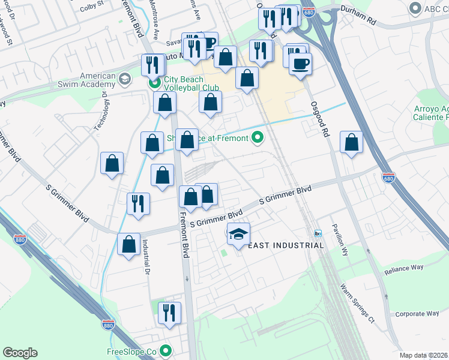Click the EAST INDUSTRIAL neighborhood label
tap(286, 245)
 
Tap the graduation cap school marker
tap(238, 234)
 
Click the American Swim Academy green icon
tap(124, 79)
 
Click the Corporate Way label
tap(417, 314)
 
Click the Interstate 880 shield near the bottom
tap(108, 325)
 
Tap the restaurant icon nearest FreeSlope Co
tap(169, 313)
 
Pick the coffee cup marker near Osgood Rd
tap(300, 64)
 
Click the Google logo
tap(20, 353)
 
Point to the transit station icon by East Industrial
tap(318, 233)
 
